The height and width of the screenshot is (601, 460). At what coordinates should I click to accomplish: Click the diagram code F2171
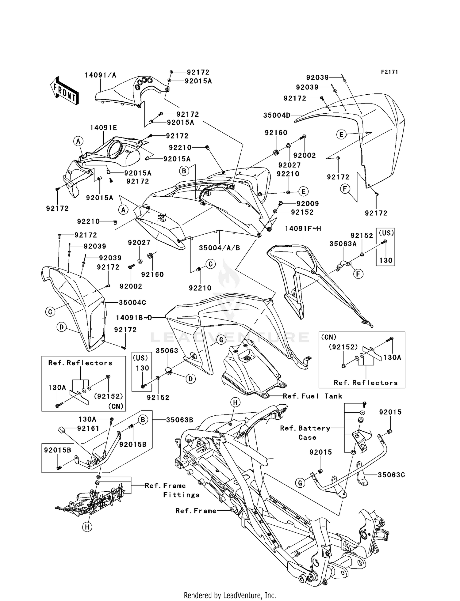(389, 72)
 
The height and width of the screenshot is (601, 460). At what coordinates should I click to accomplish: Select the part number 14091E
(103, 128)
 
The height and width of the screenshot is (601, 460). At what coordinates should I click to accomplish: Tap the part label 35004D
(277, 115)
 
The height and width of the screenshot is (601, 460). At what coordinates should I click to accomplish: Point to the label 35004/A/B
(219, 248)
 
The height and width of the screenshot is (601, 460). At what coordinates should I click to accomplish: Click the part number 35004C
(132, 302)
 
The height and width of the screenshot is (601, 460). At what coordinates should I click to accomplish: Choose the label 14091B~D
(134, 318)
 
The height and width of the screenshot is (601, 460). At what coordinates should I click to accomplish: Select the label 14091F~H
(303, 229)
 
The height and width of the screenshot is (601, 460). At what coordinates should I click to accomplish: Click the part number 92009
(308, 204)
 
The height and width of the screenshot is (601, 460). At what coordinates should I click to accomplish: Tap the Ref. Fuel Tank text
(312, 396)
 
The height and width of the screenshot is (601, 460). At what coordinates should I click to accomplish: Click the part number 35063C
(391, 475)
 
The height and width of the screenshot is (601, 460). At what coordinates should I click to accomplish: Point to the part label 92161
(88, 428)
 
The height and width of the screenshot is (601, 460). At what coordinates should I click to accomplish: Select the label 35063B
(179, 420)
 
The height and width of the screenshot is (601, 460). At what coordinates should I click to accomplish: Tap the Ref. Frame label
(196, 511)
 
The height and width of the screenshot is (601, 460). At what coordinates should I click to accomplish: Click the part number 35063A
(343, 244)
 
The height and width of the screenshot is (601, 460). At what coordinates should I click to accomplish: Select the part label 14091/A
(100, 75)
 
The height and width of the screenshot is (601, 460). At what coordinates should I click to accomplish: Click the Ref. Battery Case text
(305, 433)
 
